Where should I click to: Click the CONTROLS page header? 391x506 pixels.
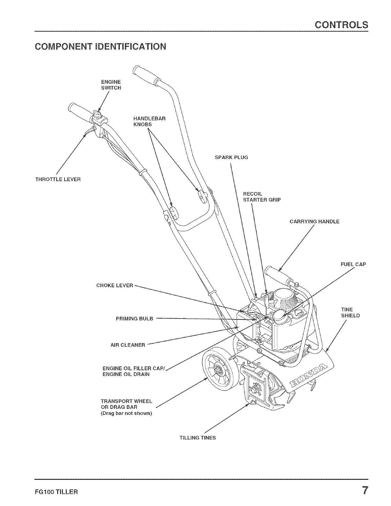pyautogui.click(x=341, y=25)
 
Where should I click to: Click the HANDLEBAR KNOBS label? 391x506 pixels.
pyautogui.click(x=149, y=121)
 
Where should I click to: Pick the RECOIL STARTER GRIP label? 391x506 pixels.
pyautogui.click(x=262, y=197)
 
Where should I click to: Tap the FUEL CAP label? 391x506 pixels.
pyautogui.click(x=353, y=264)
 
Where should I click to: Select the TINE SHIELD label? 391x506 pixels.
pyautogui.click(x=350, y=312)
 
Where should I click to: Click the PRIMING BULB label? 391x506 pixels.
pyautogui.click(x=134, y=318)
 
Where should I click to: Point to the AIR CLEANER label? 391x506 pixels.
pyautogui.click(x=128, y=345)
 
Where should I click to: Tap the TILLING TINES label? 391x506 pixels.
pyautogui.click(x=197, y=438)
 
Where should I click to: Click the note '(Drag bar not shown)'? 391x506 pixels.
pyautogui.click(x=126, y=413)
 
